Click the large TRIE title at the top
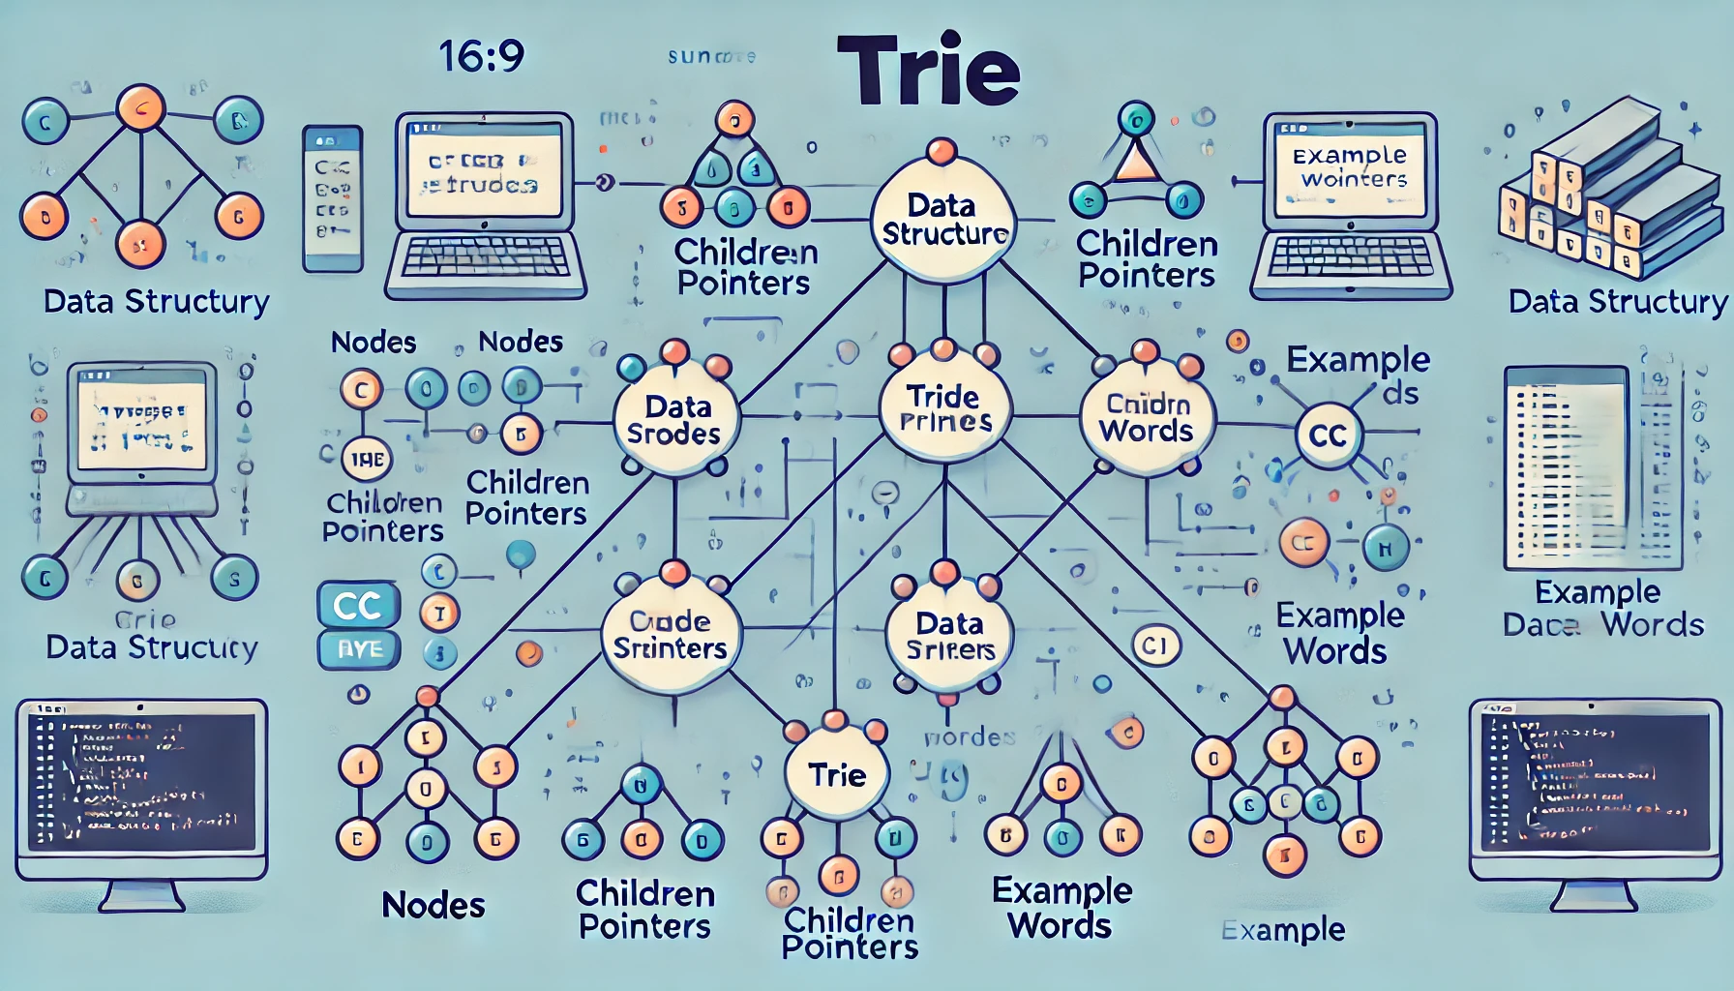click(927, 70)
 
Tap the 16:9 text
click(481, 55)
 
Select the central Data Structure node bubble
click(942, 221)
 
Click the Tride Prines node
click(944, 408)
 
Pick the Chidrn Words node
click(1147, 418)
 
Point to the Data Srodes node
click(674, 420)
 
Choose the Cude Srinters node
click(670, 635)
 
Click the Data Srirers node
click(949, 636)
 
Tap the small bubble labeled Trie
click(837, 774)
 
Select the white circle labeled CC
click(1328, 435)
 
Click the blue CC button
click(358, 606)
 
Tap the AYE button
click(359, 649)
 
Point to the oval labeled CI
click(1155, 646)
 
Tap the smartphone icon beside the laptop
click(332, 198)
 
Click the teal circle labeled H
click(1385, 549)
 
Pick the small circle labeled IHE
click(367, 460)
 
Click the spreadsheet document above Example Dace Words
click(1594, 468)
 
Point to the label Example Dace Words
click(1602, 609)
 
